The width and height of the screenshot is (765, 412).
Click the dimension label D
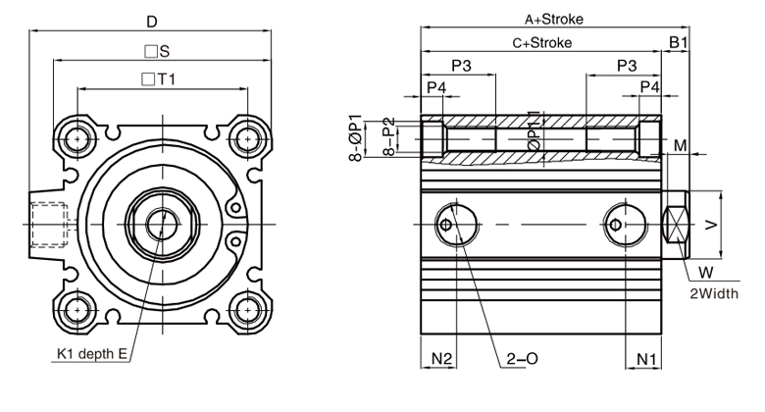point(152,22)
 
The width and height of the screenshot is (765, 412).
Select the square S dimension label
point(157,51)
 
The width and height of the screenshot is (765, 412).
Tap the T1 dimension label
point(158,79)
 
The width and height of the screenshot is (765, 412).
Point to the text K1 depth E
point(92,353)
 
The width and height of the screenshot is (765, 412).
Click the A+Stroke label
point(554,19)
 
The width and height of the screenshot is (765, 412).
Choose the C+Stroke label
point(542,43)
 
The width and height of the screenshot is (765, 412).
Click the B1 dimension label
point(678,42)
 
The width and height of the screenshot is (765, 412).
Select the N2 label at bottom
point(442,359)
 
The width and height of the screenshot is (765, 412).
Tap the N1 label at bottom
point(647,359)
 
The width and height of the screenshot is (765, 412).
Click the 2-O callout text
point(522,359)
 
